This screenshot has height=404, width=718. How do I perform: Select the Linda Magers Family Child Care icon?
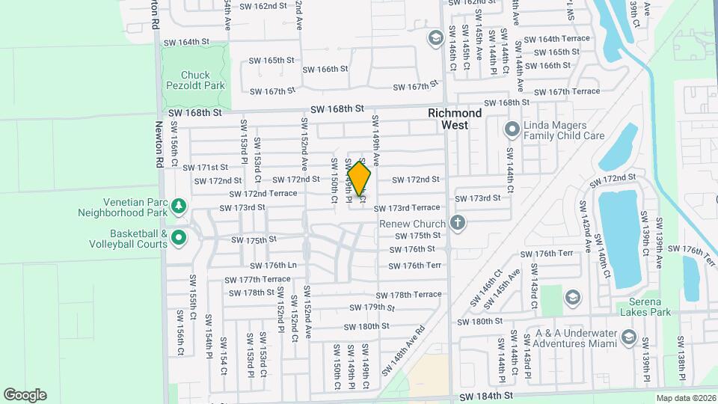point(512,130)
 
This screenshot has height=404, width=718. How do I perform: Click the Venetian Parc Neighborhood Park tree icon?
point(178,205)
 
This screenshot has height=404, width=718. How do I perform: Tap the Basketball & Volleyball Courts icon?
point(178,239)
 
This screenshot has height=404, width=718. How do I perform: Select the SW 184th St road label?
point(487,395)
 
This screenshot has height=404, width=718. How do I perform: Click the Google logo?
point(25,395)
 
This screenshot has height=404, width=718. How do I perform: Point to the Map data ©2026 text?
point(685,398)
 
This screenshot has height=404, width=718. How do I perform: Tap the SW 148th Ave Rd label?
point(403,350)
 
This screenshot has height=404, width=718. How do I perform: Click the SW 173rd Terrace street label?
point(407,208)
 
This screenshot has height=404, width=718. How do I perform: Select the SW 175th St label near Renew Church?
point(419,235)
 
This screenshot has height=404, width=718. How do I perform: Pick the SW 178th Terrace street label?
point(408,295)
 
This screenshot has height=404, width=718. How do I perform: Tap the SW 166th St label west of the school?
point(325,69)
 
